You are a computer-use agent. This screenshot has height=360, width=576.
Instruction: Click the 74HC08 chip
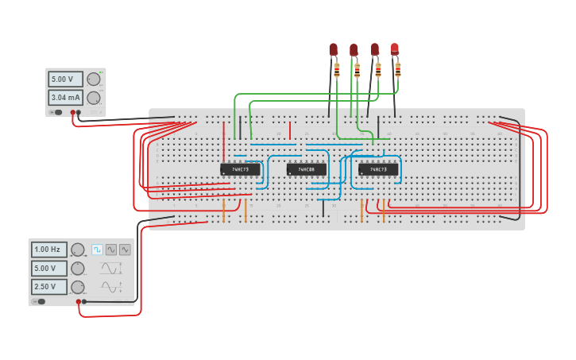[x=306, y=169]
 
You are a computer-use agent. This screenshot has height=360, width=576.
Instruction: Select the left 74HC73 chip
[x=240, y=169]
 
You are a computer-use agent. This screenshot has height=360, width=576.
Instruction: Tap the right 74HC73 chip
[x=378, y=169]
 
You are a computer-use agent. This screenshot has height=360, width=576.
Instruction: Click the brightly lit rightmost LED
[x=394, y=49]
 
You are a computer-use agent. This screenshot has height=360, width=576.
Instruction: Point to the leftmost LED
[x=334, y=50]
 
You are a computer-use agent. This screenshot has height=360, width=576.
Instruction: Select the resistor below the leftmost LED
[x=337, y=72]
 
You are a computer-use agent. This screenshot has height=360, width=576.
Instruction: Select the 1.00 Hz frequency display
[x=49, y=250]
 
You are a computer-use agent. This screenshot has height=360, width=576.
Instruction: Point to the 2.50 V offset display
[x=49, y=286]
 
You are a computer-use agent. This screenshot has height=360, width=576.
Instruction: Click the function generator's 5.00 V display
[x=49, y=268]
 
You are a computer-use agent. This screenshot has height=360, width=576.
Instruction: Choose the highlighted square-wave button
[x=97, y=250]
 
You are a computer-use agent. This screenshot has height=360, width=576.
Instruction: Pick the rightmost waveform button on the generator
[x=125, y=250]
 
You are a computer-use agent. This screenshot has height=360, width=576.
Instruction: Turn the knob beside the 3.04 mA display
[x=94, y=98]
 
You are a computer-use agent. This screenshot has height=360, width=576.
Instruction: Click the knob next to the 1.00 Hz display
[x=78, y=250]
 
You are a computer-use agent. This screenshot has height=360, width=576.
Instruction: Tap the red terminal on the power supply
[x=73, y=113]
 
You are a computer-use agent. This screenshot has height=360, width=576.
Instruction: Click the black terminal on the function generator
[x=84, y=302]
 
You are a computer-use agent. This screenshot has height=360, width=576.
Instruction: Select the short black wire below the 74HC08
[x=323, y=208]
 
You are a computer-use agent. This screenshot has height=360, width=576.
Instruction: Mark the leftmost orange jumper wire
[x=224, y=211]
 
